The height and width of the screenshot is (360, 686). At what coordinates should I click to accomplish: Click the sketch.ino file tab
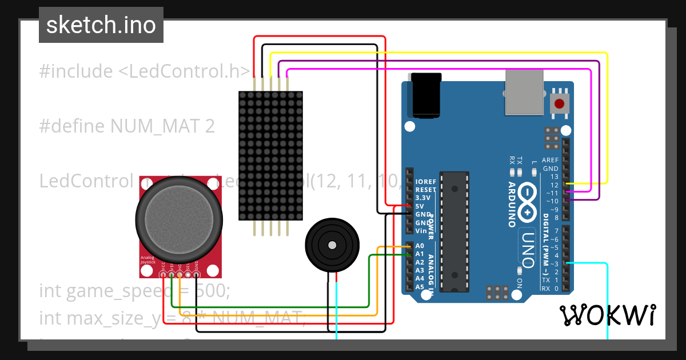(101, 25)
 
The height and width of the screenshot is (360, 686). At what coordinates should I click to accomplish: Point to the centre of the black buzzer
(332, 245)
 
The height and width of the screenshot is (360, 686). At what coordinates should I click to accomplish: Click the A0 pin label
(420, 246)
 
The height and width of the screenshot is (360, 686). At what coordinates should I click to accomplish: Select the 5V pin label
(420, 206)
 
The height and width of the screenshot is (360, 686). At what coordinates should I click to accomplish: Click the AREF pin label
(550, 161)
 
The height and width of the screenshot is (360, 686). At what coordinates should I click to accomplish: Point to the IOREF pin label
(426, 181)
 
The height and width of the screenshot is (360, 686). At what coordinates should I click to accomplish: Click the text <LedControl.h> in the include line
(184, 71)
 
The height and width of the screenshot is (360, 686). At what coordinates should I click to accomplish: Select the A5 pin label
(420, 287)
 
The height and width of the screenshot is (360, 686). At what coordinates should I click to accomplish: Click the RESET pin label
(426, 189)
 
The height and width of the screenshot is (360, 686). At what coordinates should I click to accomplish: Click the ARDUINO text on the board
(512, 205)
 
